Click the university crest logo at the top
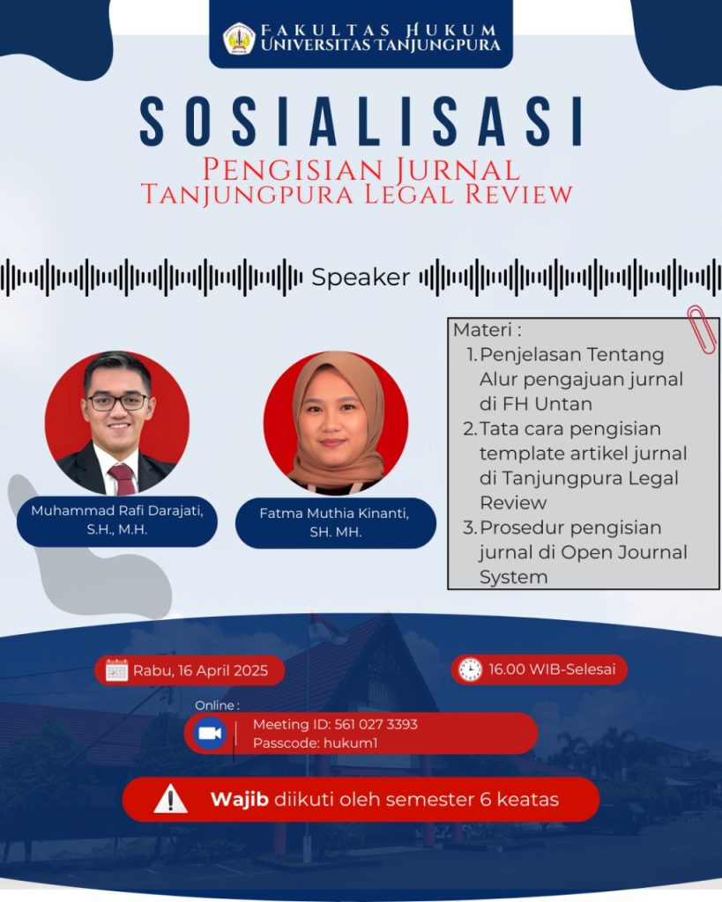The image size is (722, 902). [239, 39]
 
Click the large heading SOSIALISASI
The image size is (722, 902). [361, 122]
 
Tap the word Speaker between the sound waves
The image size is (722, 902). [361, 277]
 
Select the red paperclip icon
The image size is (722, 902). [701, 329]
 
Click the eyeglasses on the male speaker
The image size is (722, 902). [117, 402]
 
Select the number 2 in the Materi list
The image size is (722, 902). [470, 429]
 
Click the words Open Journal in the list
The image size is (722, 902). [624, 552]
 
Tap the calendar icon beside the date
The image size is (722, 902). [117, 670]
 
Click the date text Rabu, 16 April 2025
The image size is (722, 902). [200, 670]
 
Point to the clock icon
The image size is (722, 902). [470, 669]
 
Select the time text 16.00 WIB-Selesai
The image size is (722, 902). [552, 669]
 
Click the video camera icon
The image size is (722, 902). [210, 734]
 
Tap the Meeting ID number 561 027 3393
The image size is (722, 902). [376, 724]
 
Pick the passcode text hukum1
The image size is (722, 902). [351, 743]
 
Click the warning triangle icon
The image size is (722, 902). [170, 800]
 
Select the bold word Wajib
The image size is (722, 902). [240, 800]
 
